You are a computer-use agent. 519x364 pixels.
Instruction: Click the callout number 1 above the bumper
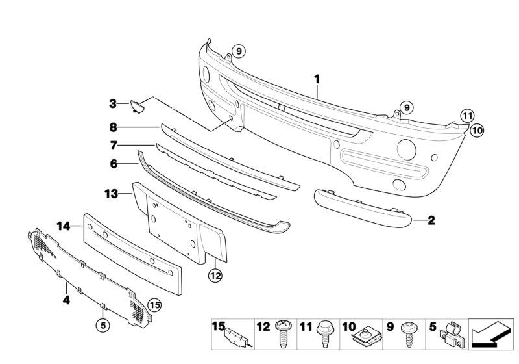[317, 79]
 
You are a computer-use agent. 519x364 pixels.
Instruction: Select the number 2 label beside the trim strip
[431, 221]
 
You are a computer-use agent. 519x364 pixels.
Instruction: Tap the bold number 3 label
[112, 103]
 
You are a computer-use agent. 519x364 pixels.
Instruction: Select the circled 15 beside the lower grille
[154, 304]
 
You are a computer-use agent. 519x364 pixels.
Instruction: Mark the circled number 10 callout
[477, 130]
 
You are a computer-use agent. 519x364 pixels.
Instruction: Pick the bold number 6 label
[113, 164]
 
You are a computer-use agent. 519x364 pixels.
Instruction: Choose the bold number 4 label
[66, 300]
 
